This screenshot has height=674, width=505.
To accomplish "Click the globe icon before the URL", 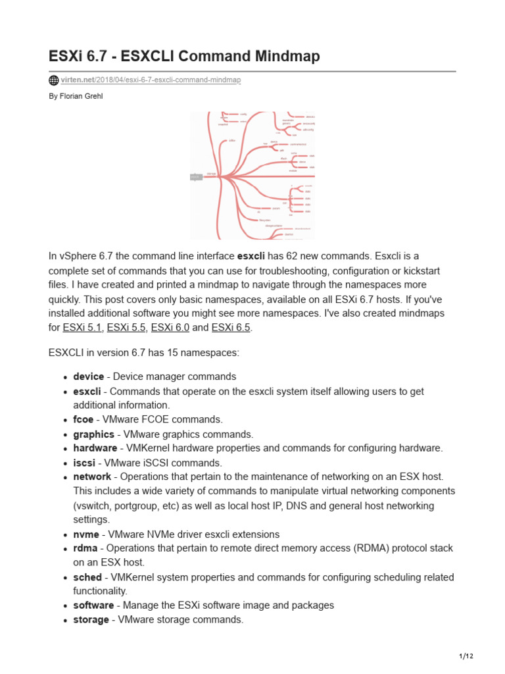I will [x=54, y=80].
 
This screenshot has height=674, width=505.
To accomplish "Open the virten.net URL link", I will [x=151, y=80].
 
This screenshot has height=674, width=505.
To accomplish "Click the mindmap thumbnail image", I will [x=252, y=175].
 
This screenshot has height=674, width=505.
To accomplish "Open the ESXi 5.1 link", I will [x=82, y=327].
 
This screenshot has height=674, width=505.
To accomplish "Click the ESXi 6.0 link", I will [x=170, y=327].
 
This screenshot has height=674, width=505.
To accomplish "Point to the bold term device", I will [x=88, y=376].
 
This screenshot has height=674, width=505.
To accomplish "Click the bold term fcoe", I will [x=84, y=419].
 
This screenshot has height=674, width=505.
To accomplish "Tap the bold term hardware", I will [x=95, y=448].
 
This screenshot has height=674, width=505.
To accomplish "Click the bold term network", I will [x=92, y=477].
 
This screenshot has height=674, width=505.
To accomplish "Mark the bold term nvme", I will [x=86, y=534].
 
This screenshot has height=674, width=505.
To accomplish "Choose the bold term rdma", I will [x=85, y=548].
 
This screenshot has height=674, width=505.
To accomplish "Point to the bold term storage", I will [x=91, y=619].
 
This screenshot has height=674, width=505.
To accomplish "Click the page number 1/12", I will [x=466, y=656].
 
